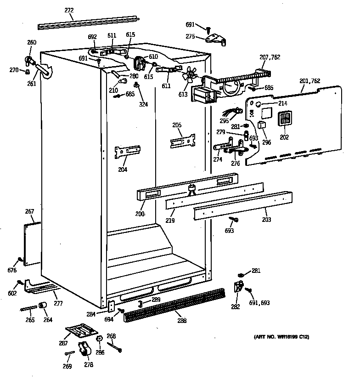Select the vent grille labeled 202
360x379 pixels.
pos(284,118)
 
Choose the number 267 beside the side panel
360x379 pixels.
pos(29,211)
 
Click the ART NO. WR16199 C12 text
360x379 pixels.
pos(281,337)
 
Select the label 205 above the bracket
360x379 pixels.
pos(177,125)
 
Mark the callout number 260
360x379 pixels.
pos(32,43)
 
